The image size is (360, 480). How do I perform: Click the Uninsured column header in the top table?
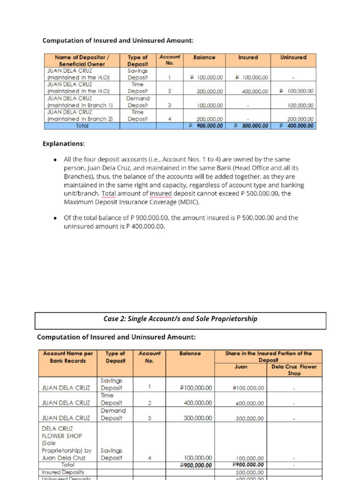point(293,58)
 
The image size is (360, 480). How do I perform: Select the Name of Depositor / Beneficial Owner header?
point(82,60)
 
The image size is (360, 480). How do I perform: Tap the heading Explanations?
point(64,143)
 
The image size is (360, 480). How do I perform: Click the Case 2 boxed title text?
point(180,319)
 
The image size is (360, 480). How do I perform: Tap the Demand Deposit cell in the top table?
point(138,102)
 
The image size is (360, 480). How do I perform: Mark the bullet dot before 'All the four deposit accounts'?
point(55,160)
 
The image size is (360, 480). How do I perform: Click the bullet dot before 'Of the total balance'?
point(55,218)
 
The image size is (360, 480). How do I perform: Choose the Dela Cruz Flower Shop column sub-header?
point(294,370)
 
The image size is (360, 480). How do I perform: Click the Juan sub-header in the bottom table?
point(240,367)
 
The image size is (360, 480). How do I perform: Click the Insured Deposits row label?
point(63,472)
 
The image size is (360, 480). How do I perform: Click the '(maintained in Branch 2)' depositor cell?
point(82,119)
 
